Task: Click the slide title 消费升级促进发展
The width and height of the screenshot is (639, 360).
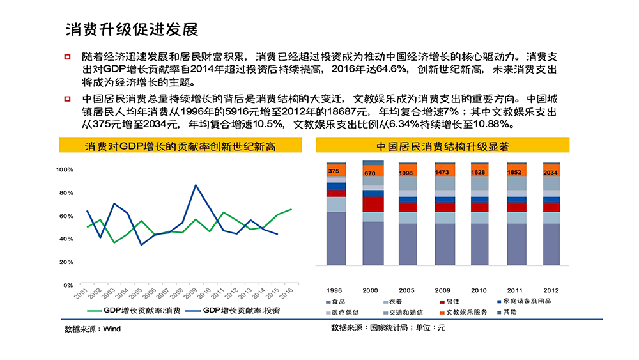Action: tap(132, 29)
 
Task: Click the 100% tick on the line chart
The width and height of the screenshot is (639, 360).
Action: tap(65, 169)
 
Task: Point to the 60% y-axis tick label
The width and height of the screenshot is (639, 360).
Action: tap(66, 215)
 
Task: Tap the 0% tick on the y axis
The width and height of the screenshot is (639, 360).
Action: tap(68, 285)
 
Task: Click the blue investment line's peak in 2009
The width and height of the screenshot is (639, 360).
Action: tap(196, 185)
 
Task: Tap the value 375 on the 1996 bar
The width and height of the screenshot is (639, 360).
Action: tap(334, 171)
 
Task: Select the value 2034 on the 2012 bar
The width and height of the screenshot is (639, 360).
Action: tap(550, 173)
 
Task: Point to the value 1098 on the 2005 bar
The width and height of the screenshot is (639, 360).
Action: tap(406, 173)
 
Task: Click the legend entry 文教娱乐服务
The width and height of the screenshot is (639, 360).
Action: tap(466, 312)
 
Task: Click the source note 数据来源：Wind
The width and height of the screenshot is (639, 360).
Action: tap(92, 329)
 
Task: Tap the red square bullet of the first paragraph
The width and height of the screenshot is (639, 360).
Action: tap(67, 57)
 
